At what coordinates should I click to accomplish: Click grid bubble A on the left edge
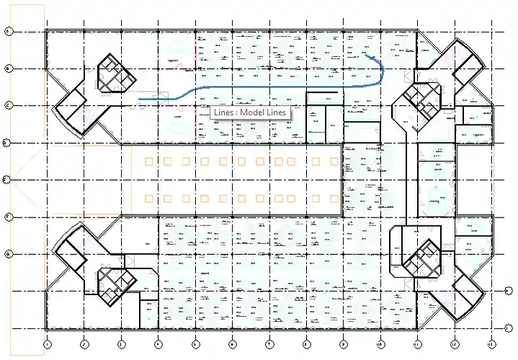pos(8,31)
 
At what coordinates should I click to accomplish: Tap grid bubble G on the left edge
pos(8,253)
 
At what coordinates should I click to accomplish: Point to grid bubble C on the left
pos(8,105)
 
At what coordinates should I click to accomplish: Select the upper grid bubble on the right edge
pos(509,291)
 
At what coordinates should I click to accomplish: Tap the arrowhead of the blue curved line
pos(366,55)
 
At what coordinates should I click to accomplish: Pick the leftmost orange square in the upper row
pos(149,161)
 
